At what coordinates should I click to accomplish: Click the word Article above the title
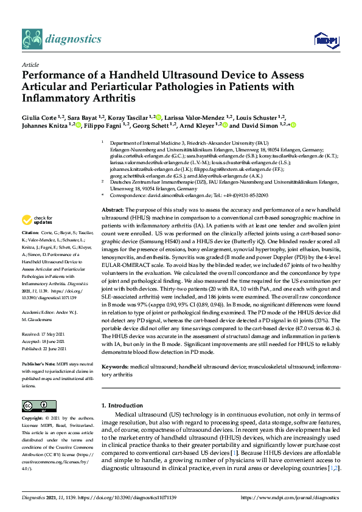pyautogui.click(x=30, y=64)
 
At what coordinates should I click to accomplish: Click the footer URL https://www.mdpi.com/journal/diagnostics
pyautogui.click(x=291, y=497)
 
